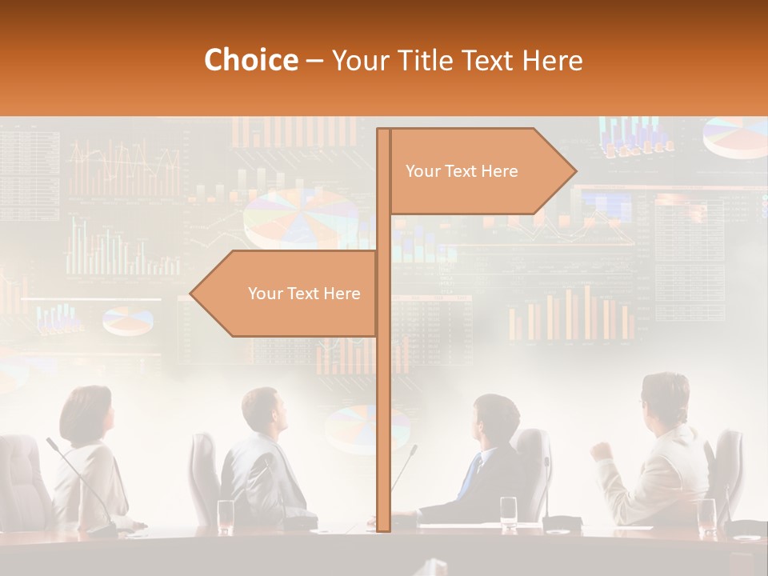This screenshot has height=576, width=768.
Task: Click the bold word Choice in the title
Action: (250, 60)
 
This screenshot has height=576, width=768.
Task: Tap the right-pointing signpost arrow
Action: (480, 171)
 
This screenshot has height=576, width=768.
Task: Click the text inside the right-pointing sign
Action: (462, 171)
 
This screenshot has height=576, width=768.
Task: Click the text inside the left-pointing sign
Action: (304, 294)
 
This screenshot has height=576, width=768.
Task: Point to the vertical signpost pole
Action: (383, 400)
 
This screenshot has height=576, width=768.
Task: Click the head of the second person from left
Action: (265, 411)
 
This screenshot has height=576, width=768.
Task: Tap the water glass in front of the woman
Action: (226, 516)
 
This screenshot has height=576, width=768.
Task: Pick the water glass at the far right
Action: (707, 515)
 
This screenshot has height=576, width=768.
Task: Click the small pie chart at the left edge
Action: (128, 321)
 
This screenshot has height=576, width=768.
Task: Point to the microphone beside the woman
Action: (80, 480)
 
